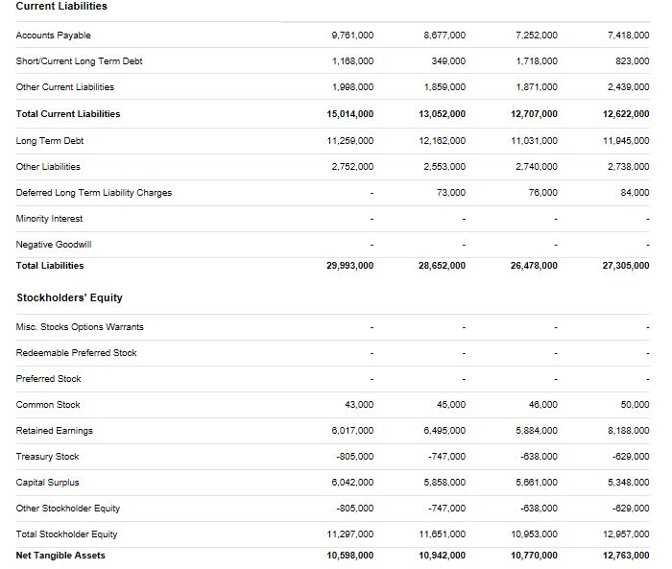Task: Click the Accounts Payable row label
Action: tap(54, 36)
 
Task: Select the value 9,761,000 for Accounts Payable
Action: tap(352, 36)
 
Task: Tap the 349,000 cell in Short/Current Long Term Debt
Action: tap(449, 61)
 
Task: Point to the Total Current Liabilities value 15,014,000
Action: tap(350, 114)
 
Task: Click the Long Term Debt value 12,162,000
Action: tap(444, 141)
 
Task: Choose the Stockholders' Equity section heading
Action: tap(69, 297)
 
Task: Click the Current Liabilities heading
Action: tap(61, 6)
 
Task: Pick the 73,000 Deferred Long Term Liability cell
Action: tap(451, 193)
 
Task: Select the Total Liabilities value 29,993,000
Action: tap(350, 266)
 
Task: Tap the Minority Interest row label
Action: tap(50, 219)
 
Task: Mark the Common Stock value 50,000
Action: tap(635, 405)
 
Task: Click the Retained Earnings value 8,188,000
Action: tap(629, 431)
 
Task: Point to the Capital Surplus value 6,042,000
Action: tap(352, 483)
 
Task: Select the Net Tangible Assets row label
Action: tap(60, 556)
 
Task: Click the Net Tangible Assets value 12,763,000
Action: tap(626, 556)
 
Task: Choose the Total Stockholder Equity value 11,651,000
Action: tap(443, 534)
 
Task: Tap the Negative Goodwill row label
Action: tap(54, 245)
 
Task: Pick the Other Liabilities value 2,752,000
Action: tap(352, 167)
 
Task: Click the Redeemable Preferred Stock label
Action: tap(77, 353)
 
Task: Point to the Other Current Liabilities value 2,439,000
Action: tap(629, 87)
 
